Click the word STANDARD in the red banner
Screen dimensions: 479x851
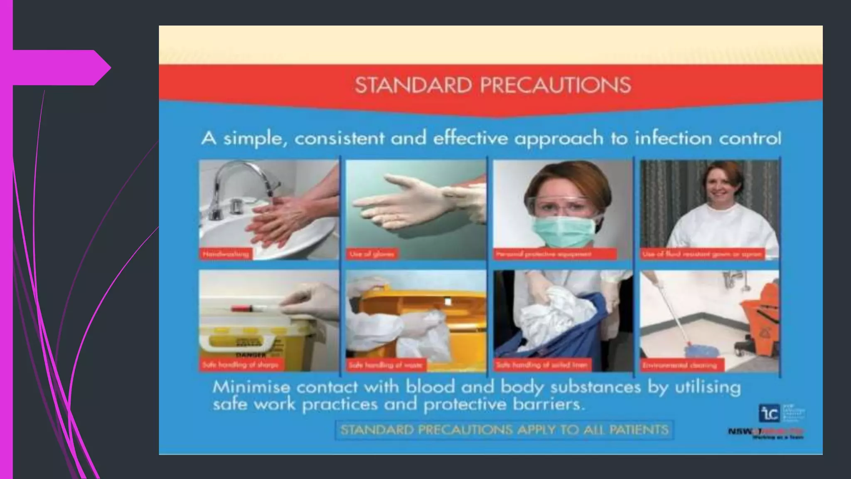pyautogui.click(x=413, y=85)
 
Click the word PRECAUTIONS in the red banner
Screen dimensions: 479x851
pyautogui.click(x=556, y=85)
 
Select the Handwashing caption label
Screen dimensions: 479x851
pyautogui.click(x=226, y=254)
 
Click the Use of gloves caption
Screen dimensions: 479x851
pyautogui.click(x=372, y=254)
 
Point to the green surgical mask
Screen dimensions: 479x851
pyautogui.click(x=562, y=231)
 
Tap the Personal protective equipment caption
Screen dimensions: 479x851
pyautogui.click(x=555, y=254)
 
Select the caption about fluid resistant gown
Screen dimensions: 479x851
pyautogui.click(x=702, y=254)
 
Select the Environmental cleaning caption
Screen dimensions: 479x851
pyautogui.click(x=680, y=365)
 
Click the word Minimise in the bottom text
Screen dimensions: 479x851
pyautogui.click(x=251, y=387)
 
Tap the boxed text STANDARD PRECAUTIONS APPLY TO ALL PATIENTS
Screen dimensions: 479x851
pyautogui.click(x=504, y=430)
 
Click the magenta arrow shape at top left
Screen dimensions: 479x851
pyautogui.click(x=62, y=67)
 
